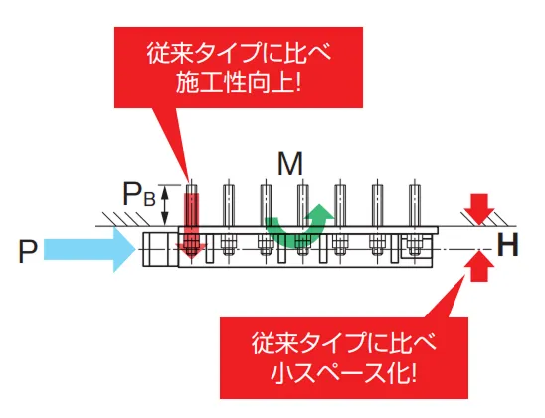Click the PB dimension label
click(139, 197)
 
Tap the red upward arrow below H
click(479, 264)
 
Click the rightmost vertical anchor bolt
click(412, 205)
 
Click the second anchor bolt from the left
click(228, 205)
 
